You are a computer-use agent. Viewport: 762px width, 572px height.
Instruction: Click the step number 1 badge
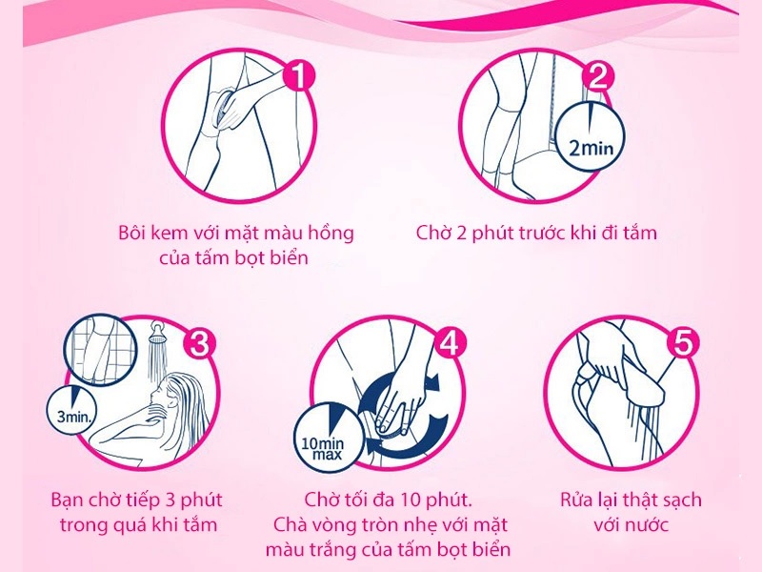pos(299,76)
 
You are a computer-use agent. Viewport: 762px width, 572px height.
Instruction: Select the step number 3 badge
pos(199,343)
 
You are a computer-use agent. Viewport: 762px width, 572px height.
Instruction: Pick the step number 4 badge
pos(450,343)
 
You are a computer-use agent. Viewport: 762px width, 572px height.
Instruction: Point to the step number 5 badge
pos(682,343)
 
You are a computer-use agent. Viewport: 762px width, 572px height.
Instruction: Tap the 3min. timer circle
pos(72,410)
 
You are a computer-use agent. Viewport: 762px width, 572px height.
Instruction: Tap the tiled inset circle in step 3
pos(99,350)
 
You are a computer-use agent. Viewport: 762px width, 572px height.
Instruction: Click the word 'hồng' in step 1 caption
pos(331,234)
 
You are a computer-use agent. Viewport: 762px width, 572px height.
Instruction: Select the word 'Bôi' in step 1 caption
pos(132,233)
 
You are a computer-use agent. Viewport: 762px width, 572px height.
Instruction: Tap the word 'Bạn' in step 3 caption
pos(70,500)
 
